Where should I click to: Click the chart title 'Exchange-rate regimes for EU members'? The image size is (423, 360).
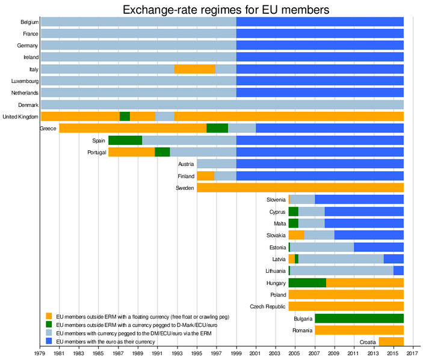226,10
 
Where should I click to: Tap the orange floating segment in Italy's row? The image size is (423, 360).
194,69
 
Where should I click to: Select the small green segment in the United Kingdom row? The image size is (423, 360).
125,117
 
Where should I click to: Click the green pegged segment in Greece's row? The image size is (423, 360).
217,128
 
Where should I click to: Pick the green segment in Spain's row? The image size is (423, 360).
125,140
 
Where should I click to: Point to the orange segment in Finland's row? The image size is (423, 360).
205,176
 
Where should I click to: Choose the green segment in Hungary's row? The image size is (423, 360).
307,282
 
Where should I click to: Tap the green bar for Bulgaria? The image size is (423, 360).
359,319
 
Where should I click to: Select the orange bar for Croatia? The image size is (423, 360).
391,342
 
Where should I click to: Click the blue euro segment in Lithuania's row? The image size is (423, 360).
398,270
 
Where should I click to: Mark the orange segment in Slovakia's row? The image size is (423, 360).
296,235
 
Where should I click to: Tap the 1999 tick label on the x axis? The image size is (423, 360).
236,353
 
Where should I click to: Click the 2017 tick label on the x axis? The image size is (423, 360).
412,353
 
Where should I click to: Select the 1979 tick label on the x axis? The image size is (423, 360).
40,353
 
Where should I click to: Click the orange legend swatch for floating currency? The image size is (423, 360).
48,316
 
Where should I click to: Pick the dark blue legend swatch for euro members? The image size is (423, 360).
48,341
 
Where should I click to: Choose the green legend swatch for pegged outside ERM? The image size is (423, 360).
48,324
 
